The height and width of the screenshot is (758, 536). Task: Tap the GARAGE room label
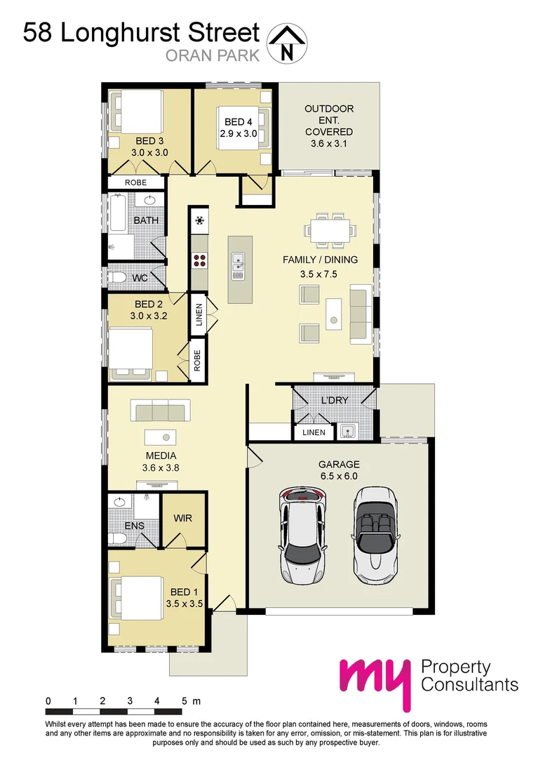tap(339, 464)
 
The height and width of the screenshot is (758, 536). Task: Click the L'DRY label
tap(335, 400)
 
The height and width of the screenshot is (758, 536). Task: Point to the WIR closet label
tap(182, 519)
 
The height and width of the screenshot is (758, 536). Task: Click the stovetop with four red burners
tap(200, 260)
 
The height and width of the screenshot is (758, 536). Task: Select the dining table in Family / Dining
tap(328, 230)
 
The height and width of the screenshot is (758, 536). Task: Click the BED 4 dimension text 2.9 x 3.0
tap(236, 133)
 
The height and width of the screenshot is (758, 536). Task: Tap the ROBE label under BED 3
tap(135, 182)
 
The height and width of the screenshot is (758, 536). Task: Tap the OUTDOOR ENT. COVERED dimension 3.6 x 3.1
tap(328, 144)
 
